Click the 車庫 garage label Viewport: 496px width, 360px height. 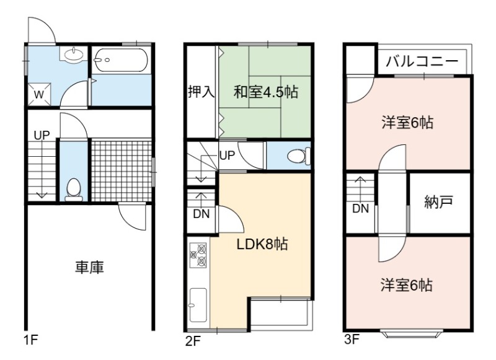(x=89, y=267)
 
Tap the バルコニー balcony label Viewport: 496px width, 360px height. (x=422, y=61)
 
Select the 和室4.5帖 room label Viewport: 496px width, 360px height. (x=266, y=92)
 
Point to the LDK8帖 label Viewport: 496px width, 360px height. (x=262, y=244)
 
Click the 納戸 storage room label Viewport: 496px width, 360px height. (x=439, y=202)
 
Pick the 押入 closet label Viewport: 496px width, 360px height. (x=201, y=92)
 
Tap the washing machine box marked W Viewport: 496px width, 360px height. (x=39, y=94)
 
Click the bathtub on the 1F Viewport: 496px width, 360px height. (x=121, y=60)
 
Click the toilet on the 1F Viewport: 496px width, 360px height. (x=74, y=190)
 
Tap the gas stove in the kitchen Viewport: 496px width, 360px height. (x=198, y=255)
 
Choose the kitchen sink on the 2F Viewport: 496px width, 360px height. (x=198, y=305)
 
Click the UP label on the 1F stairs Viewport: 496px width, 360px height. (x=42, y=136)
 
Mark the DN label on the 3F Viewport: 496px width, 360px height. (x=361, y=209)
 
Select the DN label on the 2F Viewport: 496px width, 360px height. (x=201, y=214)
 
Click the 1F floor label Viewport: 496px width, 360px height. (x=30, y=340)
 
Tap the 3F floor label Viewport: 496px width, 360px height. (x=352, y=340)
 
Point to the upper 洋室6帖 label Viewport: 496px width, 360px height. (x=407, y=122)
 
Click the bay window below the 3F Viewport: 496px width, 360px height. (x=411, y=334)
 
